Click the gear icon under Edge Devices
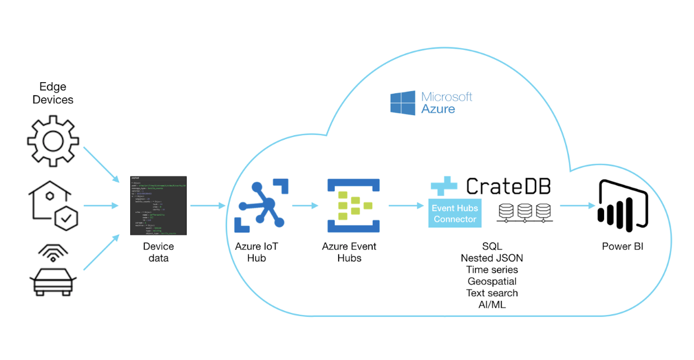coord(53,140)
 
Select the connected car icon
coord(53,270)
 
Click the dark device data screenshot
coord(158,205)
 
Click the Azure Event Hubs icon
coord(353,205)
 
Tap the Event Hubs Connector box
coord(455,214)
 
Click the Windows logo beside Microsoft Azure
coord(402,103)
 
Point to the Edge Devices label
coord(53,93)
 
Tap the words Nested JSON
coord(492,258)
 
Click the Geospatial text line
coord(492,281)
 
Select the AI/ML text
coord(492,305)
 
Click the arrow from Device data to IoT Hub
coord(207,206)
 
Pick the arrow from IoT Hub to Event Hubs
coord(303,206)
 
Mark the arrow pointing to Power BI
coord(576,206)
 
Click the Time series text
coord(492,269)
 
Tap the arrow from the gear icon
coord(101,164)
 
